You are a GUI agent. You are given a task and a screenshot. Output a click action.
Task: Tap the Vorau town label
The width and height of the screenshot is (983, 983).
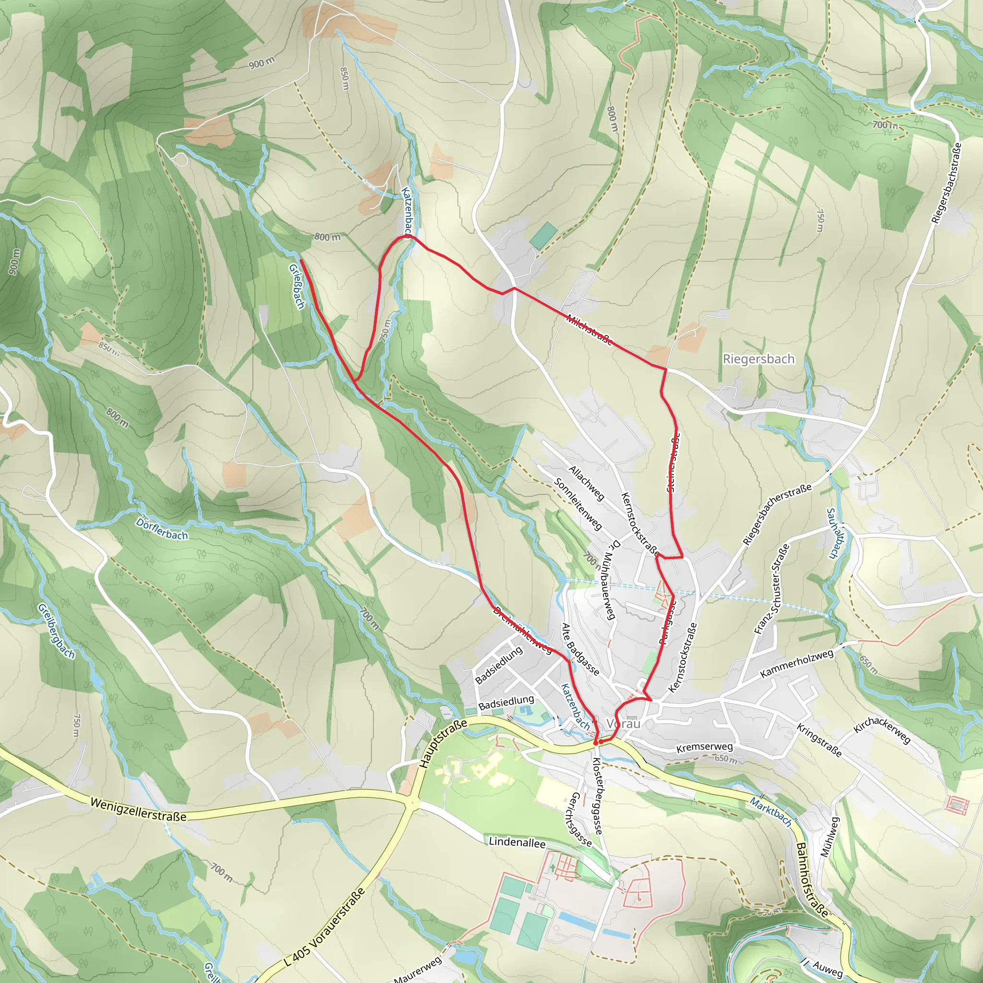pyautogui.click(x=624, y=723)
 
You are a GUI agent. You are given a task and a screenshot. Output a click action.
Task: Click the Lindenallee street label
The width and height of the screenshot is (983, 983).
pyautogui.click(x=517, y=842)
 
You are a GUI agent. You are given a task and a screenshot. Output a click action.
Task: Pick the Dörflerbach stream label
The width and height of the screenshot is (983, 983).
pyautogui.click(x=162, y=529)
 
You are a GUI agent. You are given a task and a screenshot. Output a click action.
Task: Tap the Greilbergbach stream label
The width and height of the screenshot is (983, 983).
pyautogui.click(x=57, y=631)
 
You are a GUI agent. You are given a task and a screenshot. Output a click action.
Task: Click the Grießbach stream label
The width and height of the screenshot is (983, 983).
pyautogui.click(x=297, y=286)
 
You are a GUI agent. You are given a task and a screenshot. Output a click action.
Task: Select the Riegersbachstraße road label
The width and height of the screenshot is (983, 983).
pyautogui.click(x=947, y=183)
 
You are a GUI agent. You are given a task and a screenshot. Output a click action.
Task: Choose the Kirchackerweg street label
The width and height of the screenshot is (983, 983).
pyautogui.click(x=882, y=731)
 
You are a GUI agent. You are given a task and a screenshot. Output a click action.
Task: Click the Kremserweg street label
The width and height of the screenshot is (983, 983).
pyautogui.click(x=704, y=747)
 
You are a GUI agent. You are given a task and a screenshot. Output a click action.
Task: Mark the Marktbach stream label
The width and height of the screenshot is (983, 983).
pyautogui.click(x=771, y=812)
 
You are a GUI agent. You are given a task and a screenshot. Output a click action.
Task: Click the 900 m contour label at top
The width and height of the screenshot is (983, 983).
pyautogui.click(x=262, y=63)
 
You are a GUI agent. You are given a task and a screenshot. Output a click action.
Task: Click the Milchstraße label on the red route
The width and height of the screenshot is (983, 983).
pyautogui.click(x=589, y=330)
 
